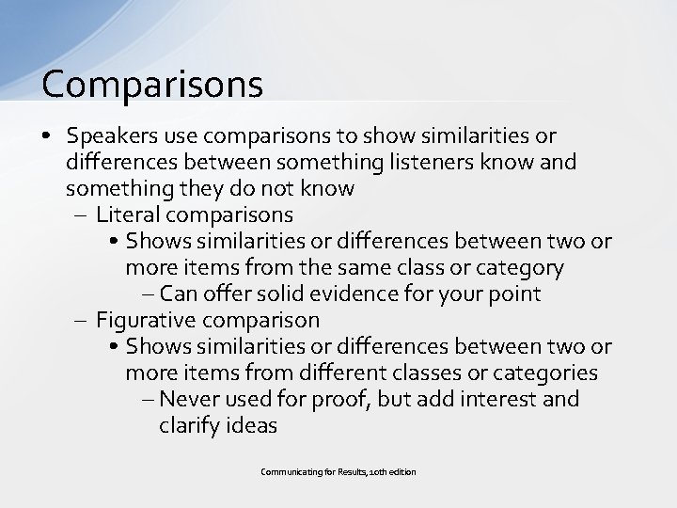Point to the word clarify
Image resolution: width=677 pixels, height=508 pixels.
click(x=191, y=425)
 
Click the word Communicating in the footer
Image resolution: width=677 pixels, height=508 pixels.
click(x=288, y=471)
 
